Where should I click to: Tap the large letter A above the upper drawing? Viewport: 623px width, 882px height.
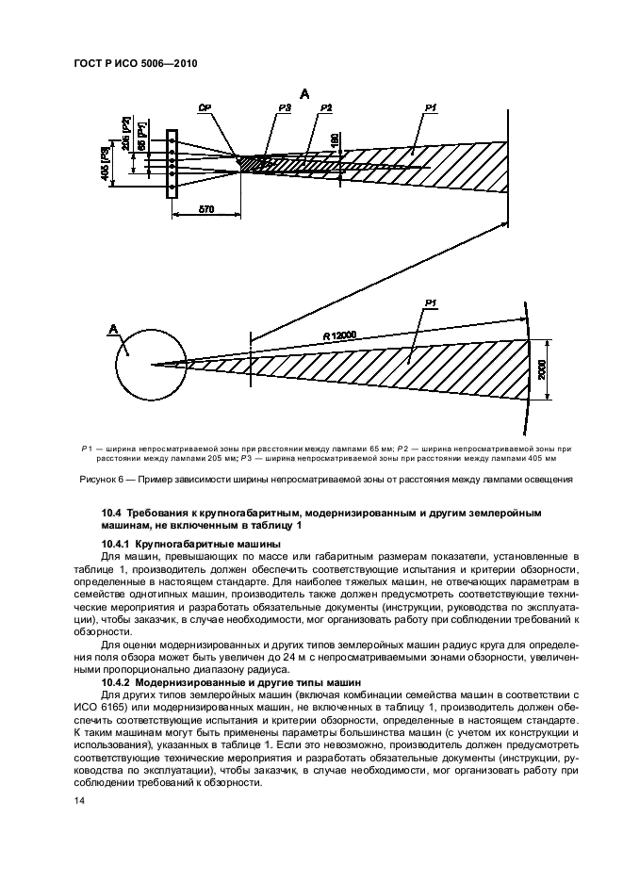pyautogui.click(x=304, y=93)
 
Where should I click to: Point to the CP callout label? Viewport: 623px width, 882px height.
pyautogui.click(x=203, y=109)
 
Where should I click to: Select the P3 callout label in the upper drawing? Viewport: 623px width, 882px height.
pyautogui.click(x=285, y=109)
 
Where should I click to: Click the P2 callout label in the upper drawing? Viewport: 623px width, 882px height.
pyautogui.click(x=326, y=109)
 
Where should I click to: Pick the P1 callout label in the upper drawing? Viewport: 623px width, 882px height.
pyautogui.click(x=429, y=109)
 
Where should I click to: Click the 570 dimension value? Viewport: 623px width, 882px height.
pyautogui.click(x=205, y=208)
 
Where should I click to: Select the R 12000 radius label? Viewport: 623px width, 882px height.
pyautogui.click(x=340, y=335)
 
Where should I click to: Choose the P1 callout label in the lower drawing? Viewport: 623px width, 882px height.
pyautogui.click(x=431, y=302)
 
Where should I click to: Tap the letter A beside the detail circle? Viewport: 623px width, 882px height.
pyautogui.click(x=114, y=329)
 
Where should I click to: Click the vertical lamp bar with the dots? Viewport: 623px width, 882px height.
pyautogui.click(x=172, y=164)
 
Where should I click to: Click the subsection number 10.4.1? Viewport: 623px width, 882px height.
pyautogui.click(x=116, y=545)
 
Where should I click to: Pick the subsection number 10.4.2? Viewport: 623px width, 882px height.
pyautogui.click(x=116, y=680)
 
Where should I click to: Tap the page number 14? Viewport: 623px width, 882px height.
pyautogui.click(x=78, y=800)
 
